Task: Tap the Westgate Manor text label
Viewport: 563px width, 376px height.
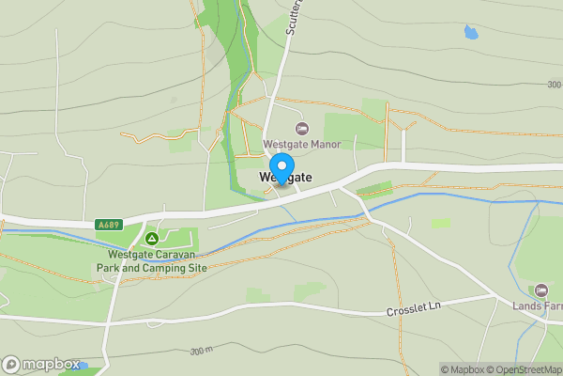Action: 301,145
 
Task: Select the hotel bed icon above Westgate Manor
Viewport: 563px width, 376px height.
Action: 301,128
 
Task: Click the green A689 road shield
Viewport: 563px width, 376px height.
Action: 108,226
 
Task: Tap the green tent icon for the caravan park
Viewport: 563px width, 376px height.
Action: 151,240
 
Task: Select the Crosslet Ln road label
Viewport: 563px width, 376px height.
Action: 414,308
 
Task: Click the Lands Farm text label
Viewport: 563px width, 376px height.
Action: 537,305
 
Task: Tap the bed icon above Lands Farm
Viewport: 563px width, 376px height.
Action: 540,290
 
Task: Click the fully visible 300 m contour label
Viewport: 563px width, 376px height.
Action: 201,351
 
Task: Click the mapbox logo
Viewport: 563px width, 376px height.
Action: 39,364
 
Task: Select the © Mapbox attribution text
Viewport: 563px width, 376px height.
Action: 464,369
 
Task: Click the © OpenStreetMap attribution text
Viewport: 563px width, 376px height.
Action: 527,369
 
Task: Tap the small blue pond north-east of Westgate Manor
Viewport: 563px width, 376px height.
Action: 470,32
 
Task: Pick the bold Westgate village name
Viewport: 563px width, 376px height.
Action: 285,178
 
